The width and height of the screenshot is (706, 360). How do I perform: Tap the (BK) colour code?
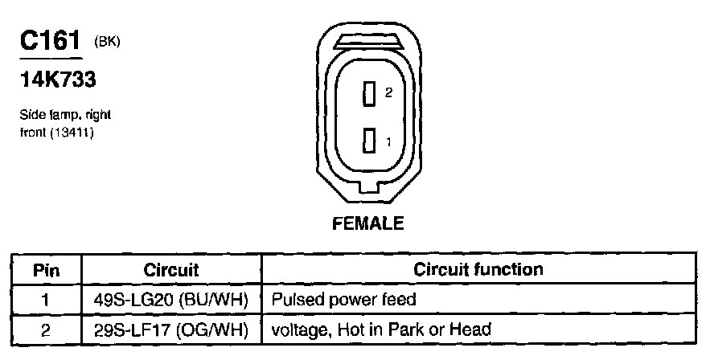pyautogui.click(x=107, y=41)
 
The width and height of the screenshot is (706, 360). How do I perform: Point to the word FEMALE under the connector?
pyautogui.click(x=368, y=224)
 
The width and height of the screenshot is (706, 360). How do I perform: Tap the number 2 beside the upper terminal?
pyautogui.click(x=388, y=93)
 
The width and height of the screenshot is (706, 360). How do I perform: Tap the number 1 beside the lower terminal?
pyautogui.click(x=388, y=142)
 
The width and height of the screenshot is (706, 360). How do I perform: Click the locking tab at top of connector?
pyautogui.click(x=368, y=40)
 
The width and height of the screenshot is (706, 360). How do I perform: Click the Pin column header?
pyautogui.click(x=46, y=270)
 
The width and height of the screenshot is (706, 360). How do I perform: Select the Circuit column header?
pyautogui.click(x=170, y=270)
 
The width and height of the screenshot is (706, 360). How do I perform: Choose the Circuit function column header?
pyautogui.click(x=478, y=270)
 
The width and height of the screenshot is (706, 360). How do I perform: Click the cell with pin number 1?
pyautogui.click(x=46, y=300)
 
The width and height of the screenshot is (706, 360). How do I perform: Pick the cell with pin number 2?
pyautogui.click(x=46, y=329)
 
